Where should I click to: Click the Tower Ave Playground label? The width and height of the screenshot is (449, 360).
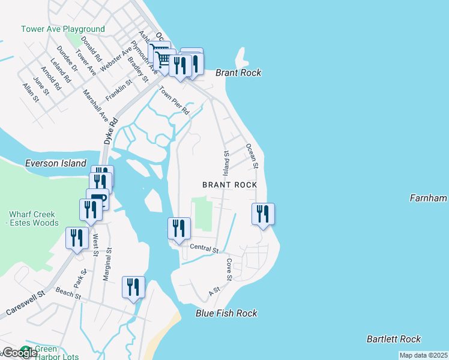click(63, 29)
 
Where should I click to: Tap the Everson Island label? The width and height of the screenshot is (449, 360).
click(55, 163)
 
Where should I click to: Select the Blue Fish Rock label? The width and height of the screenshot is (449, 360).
click(226, 313)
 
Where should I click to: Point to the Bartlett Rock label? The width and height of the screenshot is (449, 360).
click(393, 339)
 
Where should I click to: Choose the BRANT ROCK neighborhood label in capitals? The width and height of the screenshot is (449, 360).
click(229, 185)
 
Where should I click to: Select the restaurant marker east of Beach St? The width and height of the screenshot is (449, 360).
click(133, 287)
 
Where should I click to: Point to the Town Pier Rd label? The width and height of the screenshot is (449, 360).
click(174, 101)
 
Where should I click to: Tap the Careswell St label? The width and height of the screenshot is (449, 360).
click(26, 304)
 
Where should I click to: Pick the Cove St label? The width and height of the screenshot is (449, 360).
click(229, 269)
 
